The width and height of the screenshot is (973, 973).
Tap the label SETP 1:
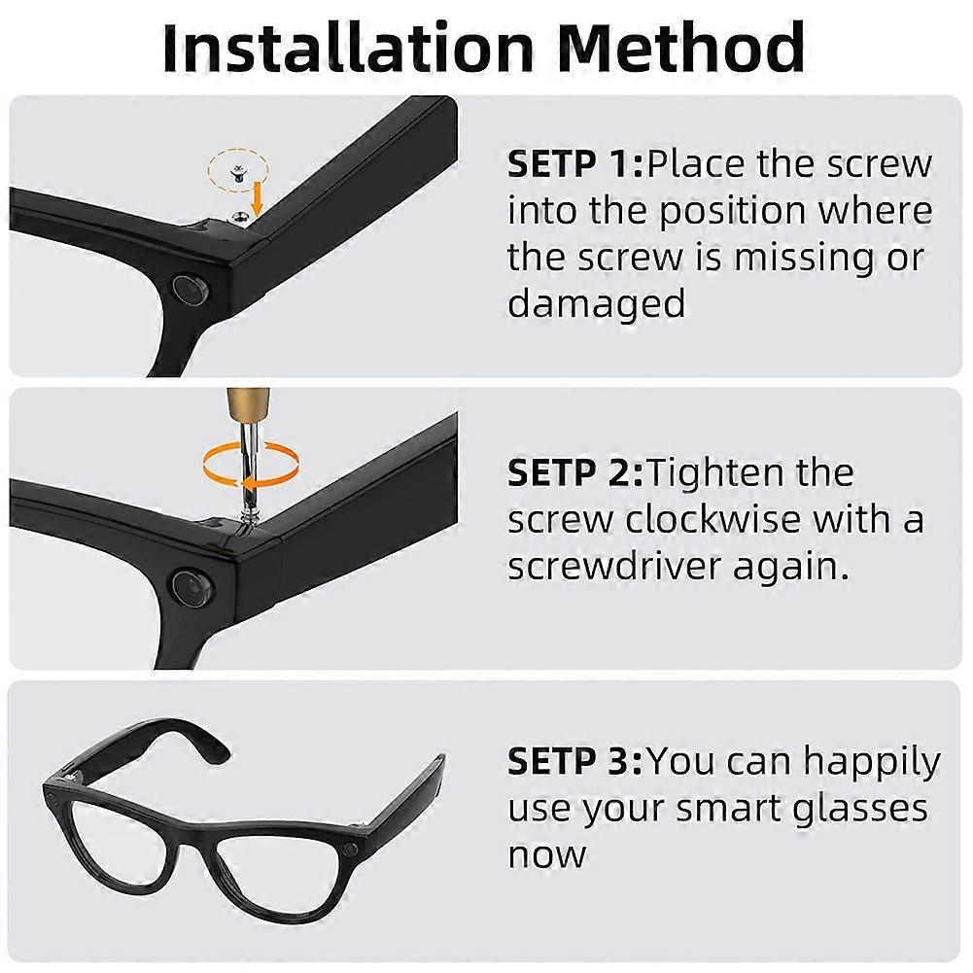pyautogui.click(x=575, y=164)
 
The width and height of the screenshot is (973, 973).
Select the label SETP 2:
pyautogui.click(x=575, y=473)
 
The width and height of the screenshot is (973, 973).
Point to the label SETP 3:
pyautogui.click(x=575, y=761)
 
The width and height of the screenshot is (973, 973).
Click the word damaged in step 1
pyautogui.click(x=596, y=304)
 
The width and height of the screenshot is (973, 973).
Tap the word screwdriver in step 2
pyautogui.click(x=644, y=567)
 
